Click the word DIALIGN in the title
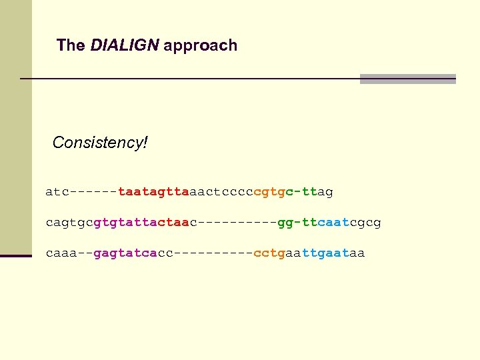point(125,45)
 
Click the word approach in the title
point(200,46)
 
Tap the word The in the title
point(71,45)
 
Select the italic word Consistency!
point(100,143)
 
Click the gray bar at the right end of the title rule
point(407,79)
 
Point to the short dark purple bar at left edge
point(16,255)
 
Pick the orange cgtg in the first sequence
point(270,192)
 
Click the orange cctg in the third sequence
point(269,253)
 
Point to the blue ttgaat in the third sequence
point(325,253)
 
